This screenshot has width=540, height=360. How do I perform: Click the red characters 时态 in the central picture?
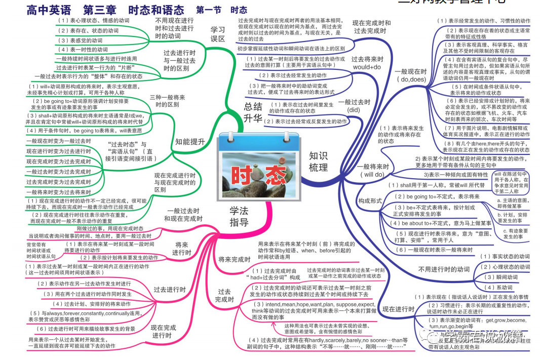click(258, 175)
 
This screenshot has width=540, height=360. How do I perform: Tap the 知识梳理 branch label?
click(319, 162)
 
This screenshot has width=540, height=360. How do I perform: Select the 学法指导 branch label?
click(239, 216)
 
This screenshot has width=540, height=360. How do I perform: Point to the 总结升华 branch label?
click(253, 112)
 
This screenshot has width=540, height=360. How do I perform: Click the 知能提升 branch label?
click(190, 142)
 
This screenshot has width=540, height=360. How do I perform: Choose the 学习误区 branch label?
click(218, 34)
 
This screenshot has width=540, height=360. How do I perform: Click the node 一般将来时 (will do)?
click(372, 170)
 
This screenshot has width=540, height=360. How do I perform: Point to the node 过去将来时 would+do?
click(367, 63)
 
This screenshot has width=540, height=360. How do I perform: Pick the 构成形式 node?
click(370, 201)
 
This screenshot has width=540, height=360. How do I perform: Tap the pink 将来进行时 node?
click(181, 250)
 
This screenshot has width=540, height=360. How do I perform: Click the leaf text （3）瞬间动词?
click(501, 277)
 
